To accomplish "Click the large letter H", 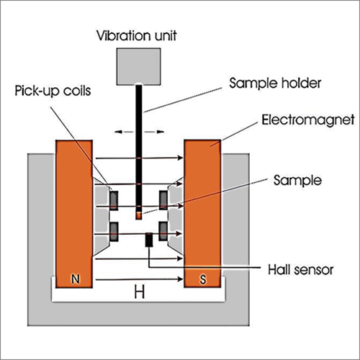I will (138, 291).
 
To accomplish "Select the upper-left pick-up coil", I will (114, 198).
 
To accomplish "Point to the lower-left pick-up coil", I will (114, 230).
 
